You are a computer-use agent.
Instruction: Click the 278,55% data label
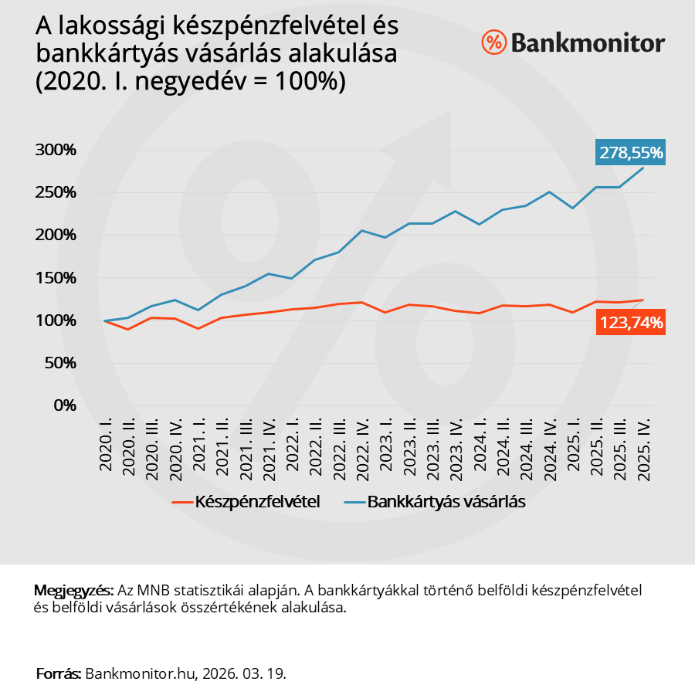(x=630, y=152)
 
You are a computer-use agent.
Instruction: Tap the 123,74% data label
(x=630, y=323)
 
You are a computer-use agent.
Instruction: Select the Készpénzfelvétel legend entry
(x=258, y=501)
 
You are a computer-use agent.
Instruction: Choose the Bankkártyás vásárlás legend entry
(x=446, y=501)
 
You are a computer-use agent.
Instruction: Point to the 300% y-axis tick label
(x=56, y=150)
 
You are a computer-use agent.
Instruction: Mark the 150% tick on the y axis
(x=56, y=278)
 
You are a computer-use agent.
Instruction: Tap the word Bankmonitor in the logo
(x=588, y=42)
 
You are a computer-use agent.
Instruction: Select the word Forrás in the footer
(x=58, y=673)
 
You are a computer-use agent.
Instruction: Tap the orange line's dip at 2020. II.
(x=128, y=329)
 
